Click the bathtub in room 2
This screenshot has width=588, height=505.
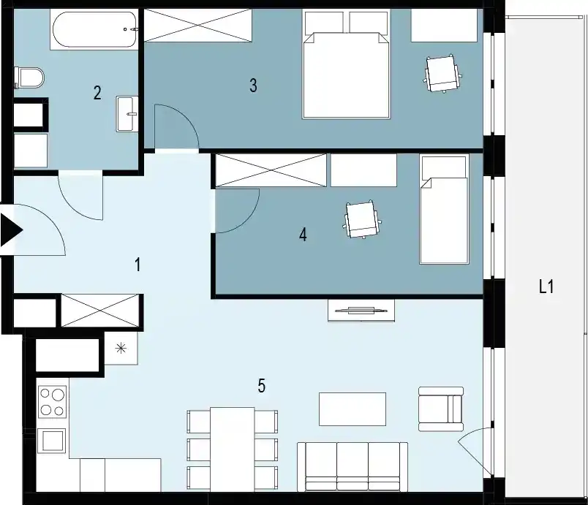tap(94, 29)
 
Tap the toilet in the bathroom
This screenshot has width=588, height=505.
tap(29, 77)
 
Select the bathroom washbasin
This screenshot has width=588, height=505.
tap(127, 114)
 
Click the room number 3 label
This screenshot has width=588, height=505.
tap(254, 86)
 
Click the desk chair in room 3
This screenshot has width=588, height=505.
tap(442, 73)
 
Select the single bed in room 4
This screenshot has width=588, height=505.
tap(445, 209)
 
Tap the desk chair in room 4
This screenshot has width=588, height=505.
tap(362, 219)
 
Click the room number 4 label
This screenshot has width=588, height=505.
tap(303, 235)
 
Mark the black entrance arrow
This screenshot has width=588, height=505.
tap(10, 230)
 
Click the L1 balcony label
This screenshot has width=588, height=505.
tap(546, 287)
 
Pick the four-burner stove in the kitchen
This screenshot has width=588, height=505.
tap(53, 402)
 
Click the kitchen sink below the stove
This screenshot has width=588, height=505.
tap(52, 441)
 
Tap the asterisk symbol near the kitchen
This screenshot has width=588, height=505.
tap(121, 349)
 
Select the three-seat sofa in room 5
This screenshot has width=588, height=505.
tap(353, 467)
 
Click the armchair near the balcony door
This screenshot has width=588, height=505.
tap(441, 409)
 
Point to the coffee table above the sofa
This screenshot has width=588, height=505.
tap(353, 409)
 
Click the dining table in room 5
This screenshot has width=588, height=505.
tap(233, 449)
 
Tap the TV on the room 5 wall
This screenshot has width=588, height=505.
tap(361, 310)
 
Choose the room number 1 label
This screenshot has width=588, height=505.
tap(138, 265)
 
